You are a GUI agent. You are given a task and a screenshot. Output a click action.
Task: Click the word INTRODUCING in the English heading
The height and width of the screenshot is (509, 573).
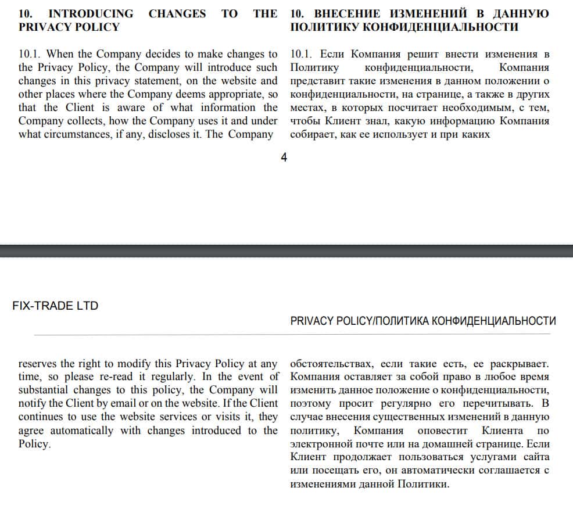point(90,13)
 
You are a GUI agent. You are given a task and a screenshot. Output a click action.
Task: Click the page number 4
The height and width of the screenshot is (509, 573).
point(284,157)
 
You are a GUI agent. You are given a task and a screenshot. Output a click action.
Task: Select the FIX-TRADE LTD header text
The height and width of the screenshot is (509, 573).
point(55,306)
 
